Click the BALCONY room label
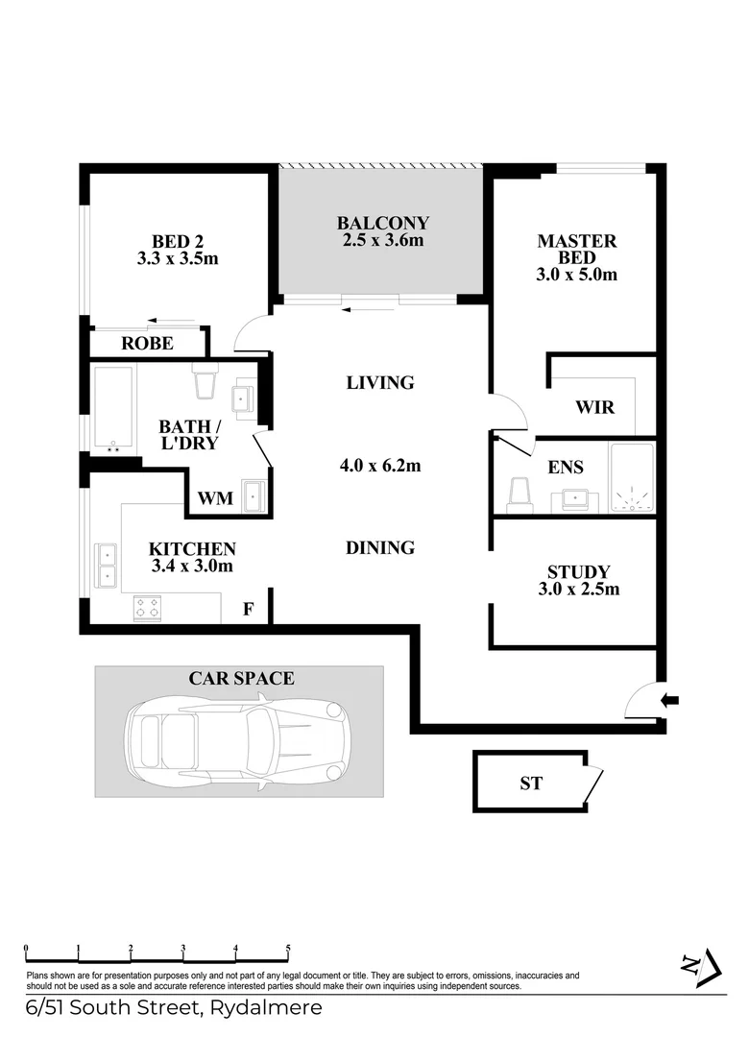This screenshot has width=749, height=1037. pos(382,223)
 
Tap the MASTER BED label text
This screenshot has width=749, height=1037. pos(576,250)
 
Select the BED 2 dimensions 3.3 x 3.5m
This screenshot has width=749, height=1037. pos(178,257)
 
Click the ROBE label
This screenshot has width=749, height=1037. pos(147,343)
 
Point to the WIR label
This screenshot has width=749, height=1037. pos(594,407)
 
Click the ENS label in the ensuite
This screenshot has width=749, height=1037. pos(566,468)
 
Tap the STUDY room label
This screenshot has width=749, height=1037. pos(578,571)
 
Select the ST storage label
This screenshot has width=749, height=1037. pos(530,784)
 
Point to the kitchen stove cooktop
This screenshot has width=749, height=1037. pos(147,607)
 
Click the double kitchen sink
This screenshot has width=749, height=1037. pos(105,566)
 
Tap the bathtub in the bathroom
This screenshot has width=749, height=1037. pos(113,408)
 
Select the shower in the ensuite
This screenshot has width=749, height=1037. pos(631,477)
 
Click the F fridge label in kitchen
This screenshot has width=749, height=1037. pos(248,609)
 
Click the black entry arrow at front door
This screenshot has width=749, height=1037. pos(670,701)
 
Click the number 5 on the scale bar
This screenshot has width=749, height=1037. pos(288,948)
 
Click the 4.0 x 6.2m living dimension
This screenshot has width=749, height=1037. pos(381,467)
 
